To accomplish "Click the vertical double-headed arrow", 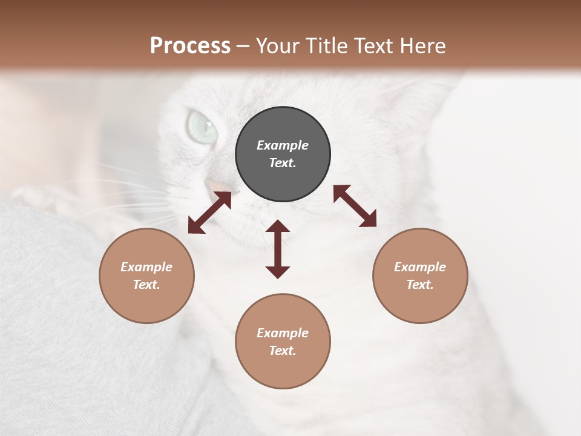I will pos(278,249).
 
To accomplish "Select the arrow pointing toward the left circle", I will pos(209,213).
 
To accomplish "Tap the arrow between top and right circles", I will pos(355,206).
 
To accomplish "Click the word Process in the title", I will pos(190,45).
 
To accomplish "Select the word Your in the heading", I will pos(278,45).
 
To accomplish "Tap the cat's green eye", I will pos(202,125).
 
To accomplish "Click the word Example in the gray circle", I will pos(283,145).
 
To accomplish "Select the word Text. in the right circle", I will pos(420,285).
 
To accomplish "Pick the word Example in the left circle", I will pos(146,267).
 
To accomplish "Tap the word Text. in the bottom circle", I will pos(283,351).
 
